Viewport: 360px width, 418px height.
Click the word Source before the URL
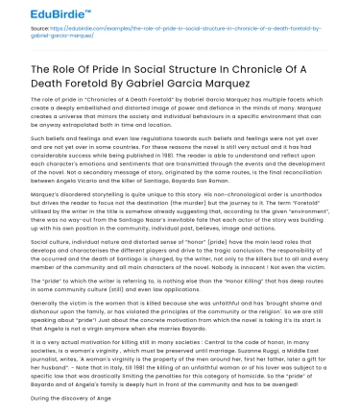[x=18, y=43]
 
